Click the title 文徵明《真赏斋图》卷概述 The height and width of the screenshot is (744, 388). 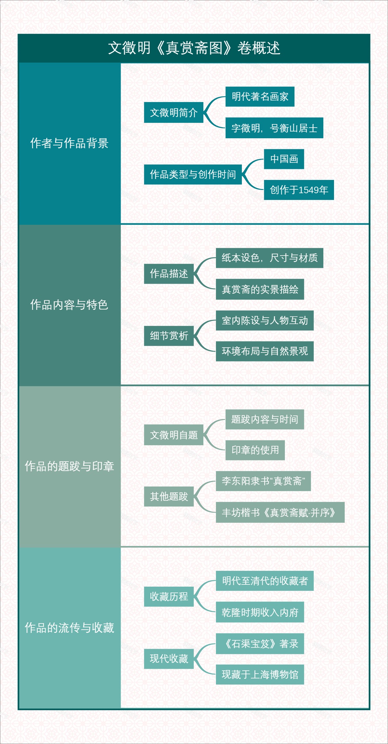pos(194,48)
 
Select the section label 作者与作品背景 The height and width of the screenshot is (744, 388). pos(69,143)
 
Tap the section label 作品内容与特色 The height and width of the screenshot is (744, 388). pos(69,305)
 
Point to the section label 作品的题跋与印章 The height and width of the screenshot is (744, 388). pos(69,466)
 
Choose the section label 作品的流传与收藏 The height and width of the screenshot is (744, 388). pos(69,628)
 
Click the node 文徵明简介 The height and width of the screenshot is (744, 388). pos(174,112)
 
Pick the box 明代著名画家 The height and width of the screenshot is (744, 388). pos(260,97)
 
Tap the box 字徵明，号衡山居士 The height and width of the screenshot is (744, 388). pos(274,128)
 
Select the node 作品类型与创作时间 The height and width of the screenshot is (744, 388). pos(193,174)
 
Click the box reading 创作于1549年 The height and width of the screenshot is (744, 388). pos(299,190)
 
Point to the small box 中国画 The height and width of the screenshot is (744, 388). pos(284,159)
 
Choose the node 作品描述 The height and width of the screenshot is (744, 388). pos(169,274)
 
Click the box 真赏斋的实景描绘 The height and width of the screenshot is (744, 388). pos(260,289)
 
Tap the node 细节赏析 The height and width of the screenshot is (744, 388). pos(169,336)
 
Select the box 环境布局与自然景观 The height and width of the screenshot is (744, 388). pos(265,351)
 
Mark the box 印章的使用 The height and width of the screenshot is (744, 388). pos(255,450)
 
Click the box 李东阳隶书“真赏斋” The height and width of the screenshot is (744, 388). pos(263,481)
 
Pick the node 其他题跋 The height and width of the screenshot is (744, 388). pos(169,497)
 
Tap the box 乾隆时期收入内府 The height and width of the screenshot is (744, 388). pos(260,612)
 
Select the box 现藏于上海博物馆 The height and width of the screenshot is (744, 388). pos(260,675)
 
